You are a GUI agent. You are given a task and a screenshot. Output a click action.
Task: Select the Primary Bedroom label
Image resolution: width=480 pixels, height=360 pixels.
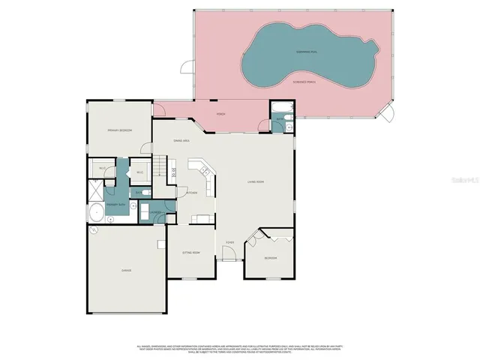click(x=119, y=130)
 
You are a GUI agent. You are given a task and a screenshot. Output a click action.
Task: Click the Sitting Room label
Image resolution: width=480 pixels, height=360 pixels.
click(x=190, y=253)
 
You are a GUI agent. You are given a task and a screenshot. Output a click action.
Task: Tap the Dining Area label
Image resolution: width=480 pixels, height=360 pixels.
click(x=181, y=140)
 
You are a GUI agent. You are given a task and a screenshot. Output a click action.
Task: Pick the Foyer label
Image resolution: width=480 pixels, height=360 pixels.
click(x=229, y=242)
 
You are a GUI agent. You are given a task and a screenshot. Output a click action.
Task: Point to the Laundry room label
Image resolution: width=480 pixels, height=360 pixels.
click(x=156, y=213)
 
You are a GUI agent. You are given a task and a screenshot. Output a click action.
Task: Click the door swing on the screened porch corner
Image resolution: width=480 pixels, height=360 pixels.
click(x=387, y=114)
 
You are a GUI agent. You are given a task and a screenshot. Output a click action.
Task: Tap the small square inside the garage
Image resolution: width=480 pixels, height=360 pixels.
click(x=160, y=246)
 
